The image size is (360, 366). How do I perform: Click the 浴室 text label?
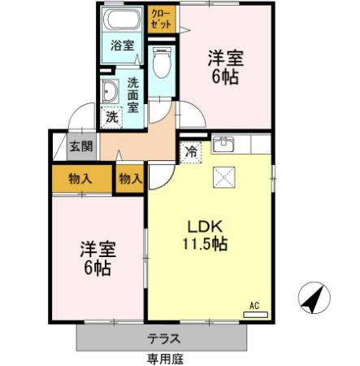click(x=123, y=46)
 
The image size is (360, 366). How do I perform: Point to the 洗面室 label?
click(x=133, y=94)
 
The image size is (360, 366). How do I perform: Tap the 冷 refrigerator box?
click(x=191, y=150)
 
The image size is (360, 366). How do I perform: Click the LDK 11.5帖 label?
click(x=210, y=233)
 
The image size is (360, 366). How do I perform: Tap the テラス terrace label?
click(x=164, y=338)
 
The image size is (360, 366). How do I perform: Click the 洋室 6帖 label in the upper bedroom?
click(x=225, y=67)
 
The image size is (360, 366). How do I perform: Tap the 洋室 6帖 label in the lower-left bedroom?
click(x=97, y=257)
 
